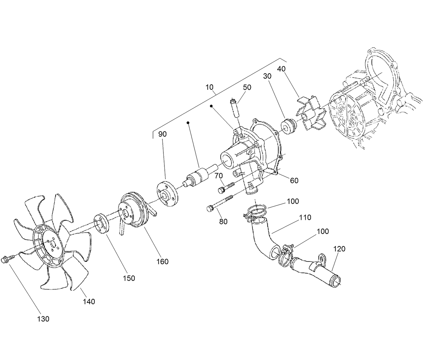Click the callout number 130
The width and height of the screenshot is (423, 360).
tap(43, 319)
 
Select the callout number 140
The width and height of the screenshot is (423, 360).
tap(89, 302)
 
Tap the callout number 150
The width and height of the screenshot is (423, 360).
tap(129, 278)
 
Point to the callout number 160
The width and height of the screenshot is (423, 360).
tap(162, 261)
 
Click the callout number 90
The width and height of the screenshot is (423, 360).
tap(162, 134)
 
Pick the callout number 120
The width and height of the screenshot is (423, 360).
tap(339, 249)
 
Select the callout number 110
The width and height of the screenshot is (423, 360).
tap(305, 217)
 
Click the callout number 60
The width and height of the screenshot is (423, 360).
tap(294, 181)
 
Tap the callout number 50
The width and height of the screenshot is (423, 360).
tap(247, 87)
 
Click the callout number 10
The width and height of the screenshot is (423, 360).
tap(209, 87)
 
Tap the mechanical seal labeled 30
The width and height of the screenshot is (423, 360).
tap(288, 126)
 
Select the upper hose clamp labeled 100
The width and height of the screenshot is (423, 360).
tap(257, 212)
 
